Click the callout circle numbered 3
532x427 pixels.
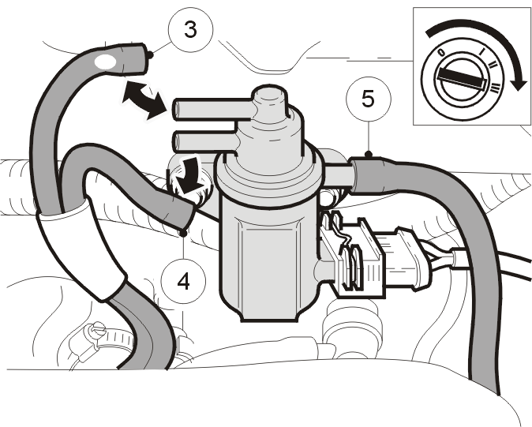click(190, 30)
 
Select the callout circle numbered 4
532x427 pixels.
click(183, 282)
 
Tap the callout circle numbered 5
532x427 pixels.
click(369, 99)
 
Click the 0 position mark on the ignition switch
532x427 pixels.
click(441, 53)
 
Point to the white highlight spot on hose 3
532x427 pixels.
click(105, 62)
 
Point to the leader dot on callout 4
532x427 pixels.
click(184, 234)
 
